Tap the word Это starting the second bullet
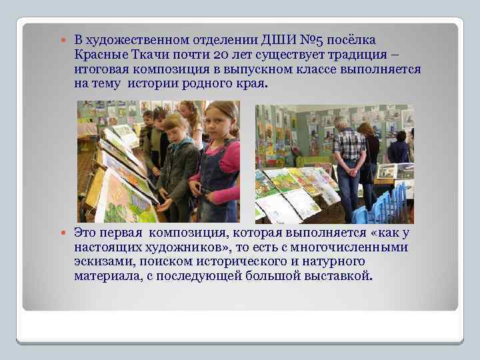point(87,233)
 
